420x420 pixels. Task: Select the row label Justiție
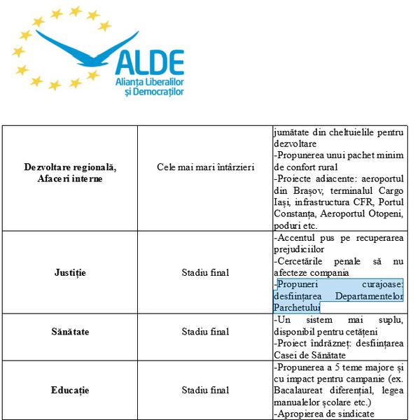pyautogui.click(x=69, y=272)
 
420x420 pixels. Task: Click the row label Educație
pyautogui.click(x=69, y=390)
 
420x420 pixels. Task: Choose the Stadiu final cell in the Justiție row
pyautogui.click(x=205, y=272)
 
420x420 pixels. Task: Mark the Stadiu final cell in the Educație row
pyautogui.click(x=205, y=390)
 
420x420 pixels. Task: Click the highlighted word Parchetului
pyautogui.click(x=297, y=307)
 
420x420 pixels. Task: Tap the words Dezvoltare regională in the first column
pyautogui.click(x=69, y=167)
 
